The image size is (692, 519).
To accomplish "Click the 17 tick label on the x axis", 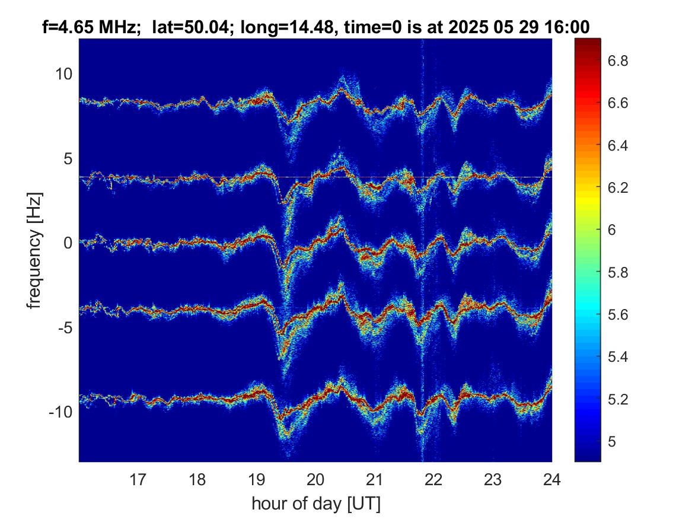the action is [138, 479].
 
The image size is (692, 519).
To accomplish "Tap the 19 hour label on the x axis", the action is [256, 479].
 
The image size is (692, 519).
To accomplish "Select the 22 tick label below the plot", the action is [433, 479].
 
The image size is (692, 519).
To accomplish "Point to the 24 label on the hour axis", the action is [551, 479].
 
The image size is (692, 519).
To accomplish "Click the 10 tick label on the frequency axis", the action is [63, 74].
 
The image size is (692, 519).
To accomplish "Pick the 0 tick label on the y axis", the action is [68, 243].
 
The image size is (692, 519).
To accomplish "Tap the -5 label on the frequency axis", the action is [65, 327].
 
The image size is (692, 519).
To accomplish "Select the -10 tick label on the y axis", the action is [61, 412].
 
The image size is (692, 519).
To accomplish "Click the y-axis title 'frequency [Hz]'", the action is [34, 250].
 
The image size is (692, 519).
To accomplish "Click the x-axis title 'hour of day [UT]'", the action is [316, 503].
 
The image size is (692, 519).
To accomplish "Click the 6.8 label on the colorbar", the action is [618, 61].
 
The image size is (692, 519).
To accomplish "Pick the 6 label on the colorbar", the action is [612, 230].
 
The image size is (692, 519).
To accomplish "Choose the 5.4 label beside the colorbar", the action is [618, 356].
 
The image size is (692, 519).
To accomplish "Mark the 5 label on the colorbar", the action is [612, 441].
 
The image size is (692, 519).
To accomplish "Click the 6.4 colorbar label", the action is [618, 145].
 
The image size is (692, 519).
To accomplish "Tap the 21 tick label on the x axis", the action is [374, 479].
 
